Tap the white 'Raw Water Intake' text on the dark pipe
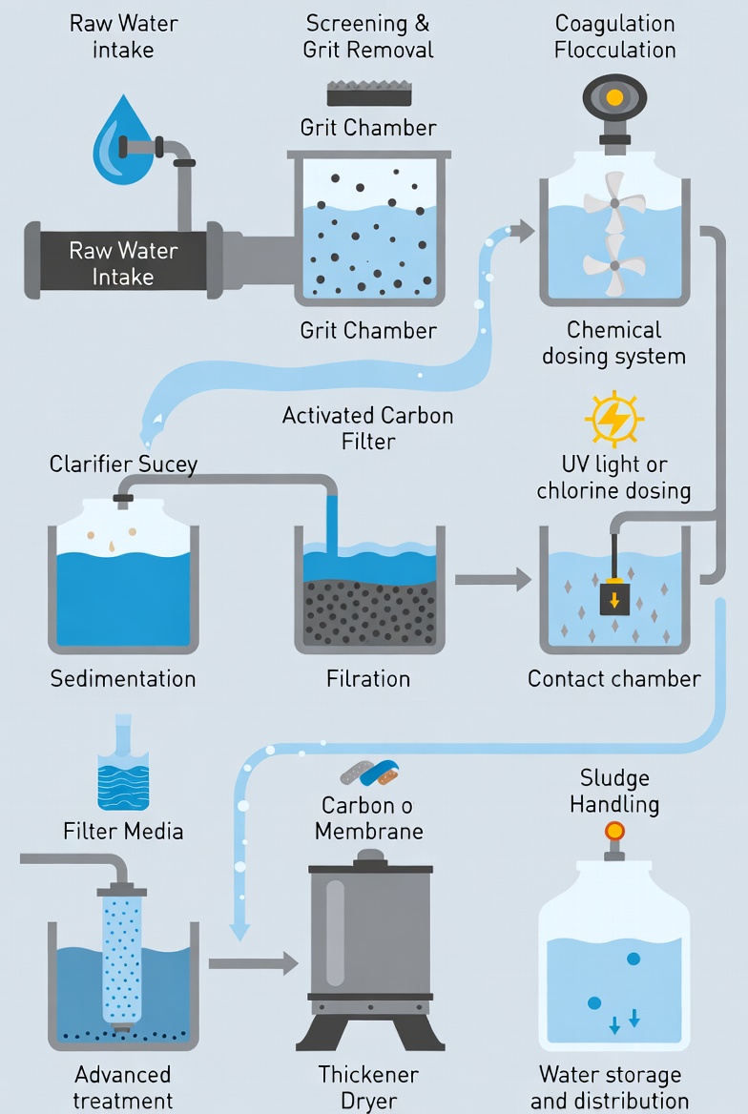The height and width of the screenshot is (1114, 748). pos(123,263)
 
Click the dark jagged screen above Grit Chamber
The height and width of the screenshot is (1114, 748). pos(369,93)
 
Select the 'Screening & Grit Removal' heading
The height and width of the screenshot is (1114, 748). pos(368,36)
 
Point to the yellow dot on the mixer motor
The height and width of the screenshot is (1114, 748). pos(615,96)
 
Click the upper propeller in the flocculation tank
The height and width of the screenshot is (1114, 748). pos(614,203)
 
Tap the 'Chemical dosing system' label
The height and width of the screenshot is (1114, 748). pos(614,342)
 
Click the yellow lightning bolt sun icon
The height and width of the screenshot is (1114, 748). pos(614,419)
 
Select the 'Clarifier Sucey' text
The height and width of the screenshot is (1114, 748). pos(123,464)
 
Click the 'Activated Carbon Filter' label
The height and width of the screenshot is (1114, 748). pos(368,427)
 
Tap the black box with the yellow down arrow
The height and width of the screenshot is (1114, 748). pos(614,598)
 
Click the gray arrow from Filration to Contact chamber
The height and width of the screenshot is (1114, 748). pos(493,579)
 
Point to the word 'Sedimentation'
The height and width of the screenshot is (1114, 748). pos(123,678)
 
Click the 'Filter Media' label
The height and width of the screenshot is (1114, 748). pos(123,831)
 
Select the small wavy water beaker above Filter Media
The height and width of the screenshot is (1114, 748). pos(123,763)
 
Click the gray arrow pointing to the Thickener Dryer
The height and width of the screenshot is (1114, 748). pos(254,963)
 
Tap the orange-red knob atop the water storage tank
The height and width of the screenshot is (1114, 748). pos(614,831)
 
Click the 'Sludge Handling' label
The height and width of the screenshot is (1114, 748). pos(614,791)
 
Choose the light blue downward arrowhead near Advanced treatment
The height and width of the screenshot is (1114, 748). pos(240,930)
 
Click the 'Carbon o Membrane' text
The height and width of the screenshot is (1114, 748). pos(368,817)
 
